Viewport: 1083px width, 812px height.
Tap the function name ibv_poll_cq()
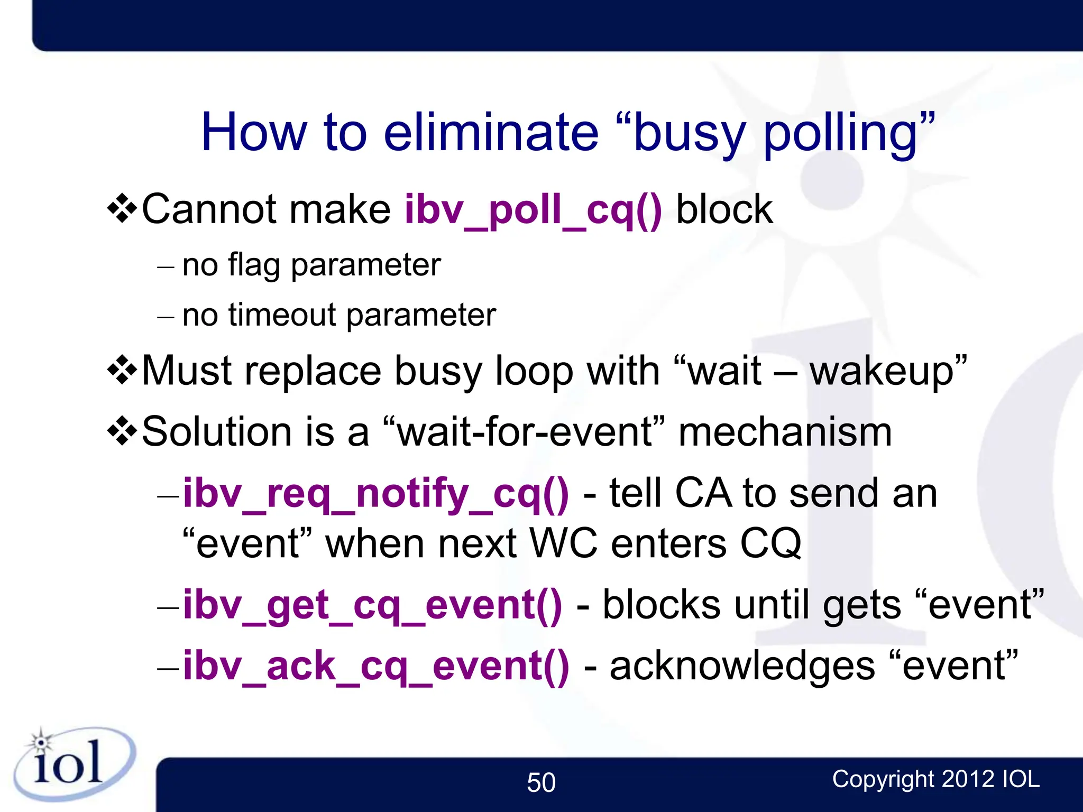point(533,210)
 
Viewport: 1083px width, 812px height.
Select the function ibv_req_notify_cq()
point(376,494)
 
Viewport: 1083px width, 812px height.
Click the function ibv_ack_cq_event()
point(376,667)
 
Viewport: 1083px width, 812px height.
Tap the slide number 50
point(541,782)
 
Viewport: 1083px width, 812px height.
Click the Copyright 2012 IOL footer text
point(935,779)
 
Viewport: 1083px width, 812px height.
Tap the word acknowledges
point(742,667)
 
